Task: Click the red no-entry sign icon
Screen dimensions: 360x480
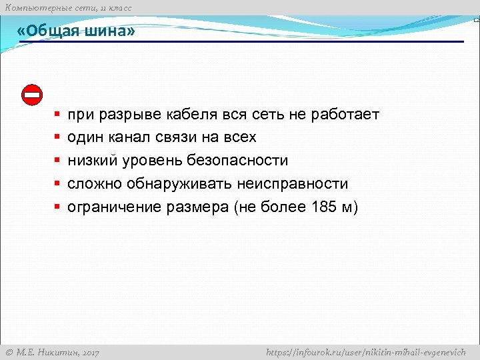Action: pos(32,95)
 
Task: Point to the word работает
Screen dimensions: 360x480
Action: pos(343,115)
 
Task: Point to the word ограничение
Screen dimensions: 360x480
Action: pos(115,207)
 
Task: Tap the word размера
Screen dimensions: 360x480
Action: pos(197,207)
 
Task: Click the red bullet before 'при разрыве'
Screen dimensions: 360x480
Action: pos(58,115)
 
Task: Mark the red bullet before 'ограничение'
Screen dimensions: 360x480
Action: pos(58,207)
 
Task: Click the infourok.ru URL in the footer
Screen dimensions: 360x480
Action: pos(365,352)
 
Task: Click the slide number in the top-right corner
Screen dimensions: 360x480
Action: pos(476,21)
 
